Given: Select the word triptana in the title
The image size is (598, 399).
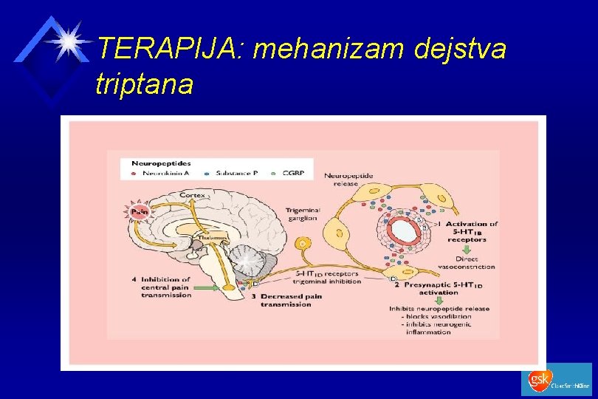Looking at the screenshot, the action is point(144,84).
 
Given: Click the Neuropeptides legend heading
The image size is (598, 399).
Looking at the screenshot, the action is point(161,162).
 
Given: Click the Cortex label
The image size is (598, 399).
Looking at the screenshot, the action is point(193,194).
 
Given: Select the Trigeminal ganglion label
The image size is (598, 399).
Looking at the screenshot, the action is point(303,214).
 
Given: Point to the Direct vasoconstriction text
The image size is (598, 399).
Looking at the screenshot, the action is point(467,263).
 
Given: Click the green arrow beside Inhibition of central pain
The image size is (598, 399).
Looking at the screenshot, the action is point(210,287).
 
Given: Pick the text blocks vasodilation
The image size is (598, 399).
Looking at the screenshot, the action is point(427,316).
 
